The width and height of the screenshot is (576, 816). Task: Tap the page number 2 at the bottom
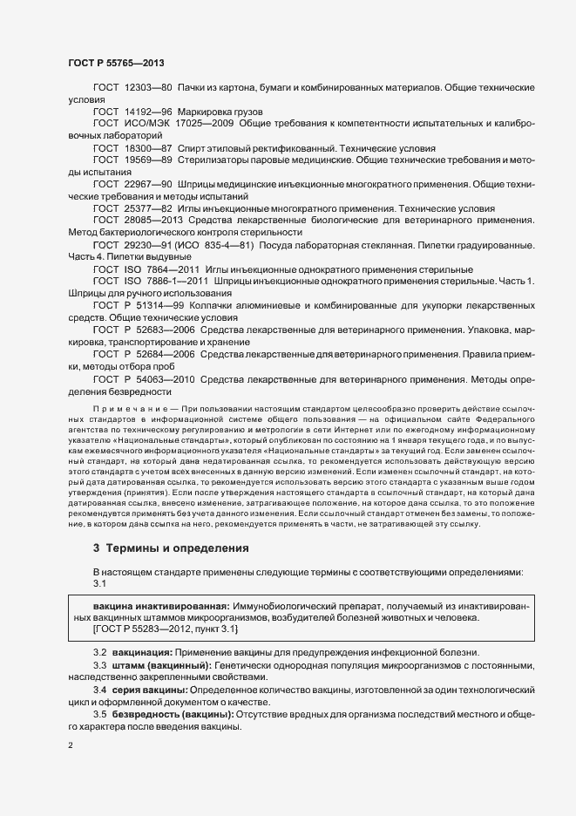(x=70, y=747)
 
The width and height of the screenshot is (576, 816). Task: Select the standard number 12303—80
(x=149, y=89)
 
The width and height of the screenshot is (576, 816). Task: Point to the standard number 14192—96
(x=149, y=112)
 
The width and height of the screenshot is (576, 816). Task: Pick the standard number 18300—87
(x=149, y=149)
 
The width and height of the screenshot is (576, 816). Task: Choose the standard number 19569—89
(x=149, y=160)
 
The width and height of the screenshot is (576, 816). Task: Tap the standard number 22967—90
(x=149, y=185)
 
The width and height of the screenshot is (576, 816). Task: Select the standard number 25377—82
(x=149, y=209)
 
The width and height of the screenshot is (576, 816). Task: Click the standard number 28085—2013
(x=153, y=221)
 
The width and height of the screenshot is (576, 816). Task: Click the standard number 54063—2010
(x=164, y=379)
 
